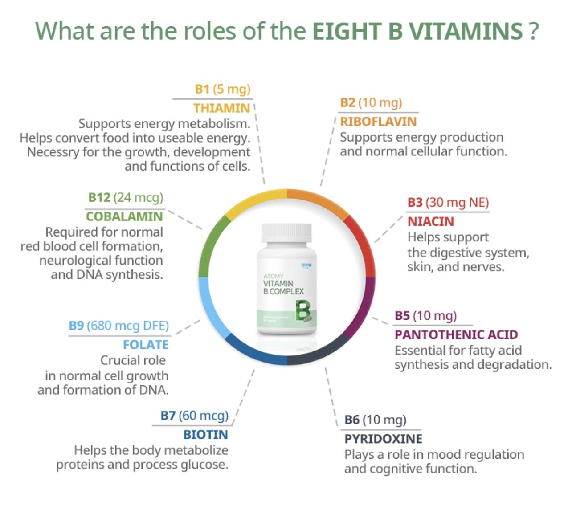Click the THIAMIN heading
[x=221, y=108]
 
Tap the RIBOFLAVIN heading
[x=378, y=122]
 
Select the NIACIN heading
[x=430, y=221]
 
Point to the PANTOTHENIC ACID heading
[x=456, y=334]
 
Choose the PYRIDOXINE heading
[x=383, y=439]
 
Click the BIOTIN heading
[x=205, y=434]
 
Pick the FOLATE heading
[x=146, y=345]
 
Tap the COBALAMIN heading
[x=124, y=216]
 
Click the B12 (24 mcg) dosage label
[x=126, y=197]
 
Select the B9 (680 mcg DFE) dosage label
[x=119, y=326]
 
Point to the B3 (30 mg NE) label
[x=448, y=203]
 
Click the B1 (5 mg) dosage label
[x=223, y=89]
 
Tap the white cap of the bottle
[x=286, y=232]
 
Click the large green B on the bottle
[x=302, y=311]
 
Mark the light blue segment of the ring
[x=209, y=307]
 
